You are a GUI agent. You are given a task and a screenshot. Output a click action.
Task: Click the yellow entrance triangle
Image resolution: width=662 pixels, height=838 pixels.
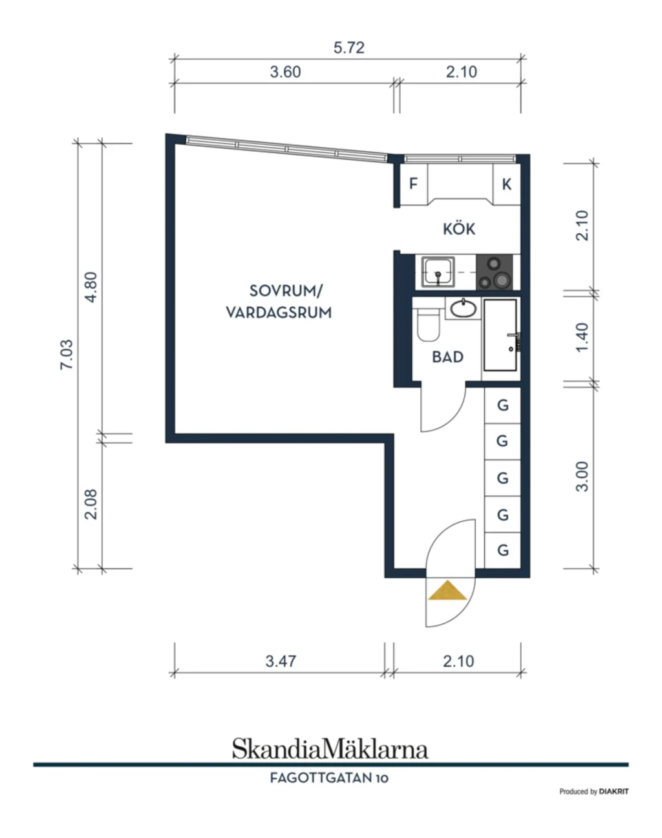[448, 591]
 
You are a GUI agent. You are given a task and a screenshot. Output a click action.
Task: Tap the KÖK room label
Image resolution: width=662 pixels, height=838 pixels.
[459, 229]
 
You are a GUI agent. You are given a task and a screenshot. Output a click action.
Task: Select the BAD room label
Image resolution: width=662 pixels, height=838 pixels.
[448, 357]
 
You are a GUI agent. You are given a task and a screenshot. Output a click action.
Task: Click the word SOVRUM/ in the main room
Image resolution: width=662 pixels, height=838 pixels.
[286, 291]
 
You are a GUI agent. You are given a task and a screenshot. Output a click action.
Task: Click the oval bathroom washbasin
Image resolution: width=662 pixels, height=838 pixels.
[464, 309]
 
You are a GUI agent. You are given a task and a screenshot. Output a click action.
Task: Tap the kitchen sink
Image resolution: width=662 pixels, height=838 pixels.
[438, 272]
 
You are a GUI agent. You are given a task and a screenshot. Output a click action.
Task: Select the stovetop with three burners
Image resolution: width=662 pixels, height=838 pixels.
[494, 272]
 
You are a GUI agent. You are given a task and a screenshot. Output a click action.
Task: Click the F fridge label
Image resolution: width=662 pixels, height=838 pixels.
[413, 183]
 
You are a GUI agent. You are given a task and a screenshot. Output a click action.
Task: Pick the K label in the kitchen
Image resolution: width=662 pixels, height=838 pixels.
[507, 184]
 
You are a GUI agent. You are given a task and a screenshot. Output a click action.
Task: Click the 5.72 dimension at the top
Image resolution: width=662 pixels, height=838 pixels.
[349, 48]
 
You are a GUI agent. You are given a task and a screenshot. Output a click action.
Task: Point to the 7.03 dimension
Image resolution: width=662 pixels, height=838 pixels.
[67, 355]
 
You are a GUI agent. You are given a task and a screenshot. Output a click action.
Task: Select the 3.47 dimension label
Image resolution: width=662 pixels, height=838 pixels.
[281, 661]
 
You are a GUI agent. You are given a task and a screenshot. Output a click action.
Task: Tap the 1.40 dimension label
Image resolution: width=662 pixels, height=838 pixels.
[582, 337]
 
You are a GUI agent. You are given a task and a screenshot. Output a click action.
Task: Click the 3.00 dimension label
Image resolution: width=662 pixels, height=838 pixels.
[582, 477]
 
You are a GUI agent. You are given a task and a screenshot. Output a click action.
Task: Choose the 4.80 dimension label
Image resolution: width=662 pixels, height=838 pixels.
[91, 288]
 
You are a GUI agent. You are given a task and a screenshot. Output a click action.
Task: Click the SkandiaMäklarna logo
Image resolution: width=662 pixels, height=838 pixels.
[330, 749]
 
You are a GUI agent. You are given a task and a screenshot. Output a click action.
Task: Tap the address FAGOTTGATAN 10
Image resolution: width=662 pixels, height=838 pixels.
[329, 778]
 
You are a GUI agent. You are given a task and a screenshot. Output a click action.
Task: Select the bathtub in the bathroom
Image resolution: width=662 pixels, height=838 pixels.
[500, 335]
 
